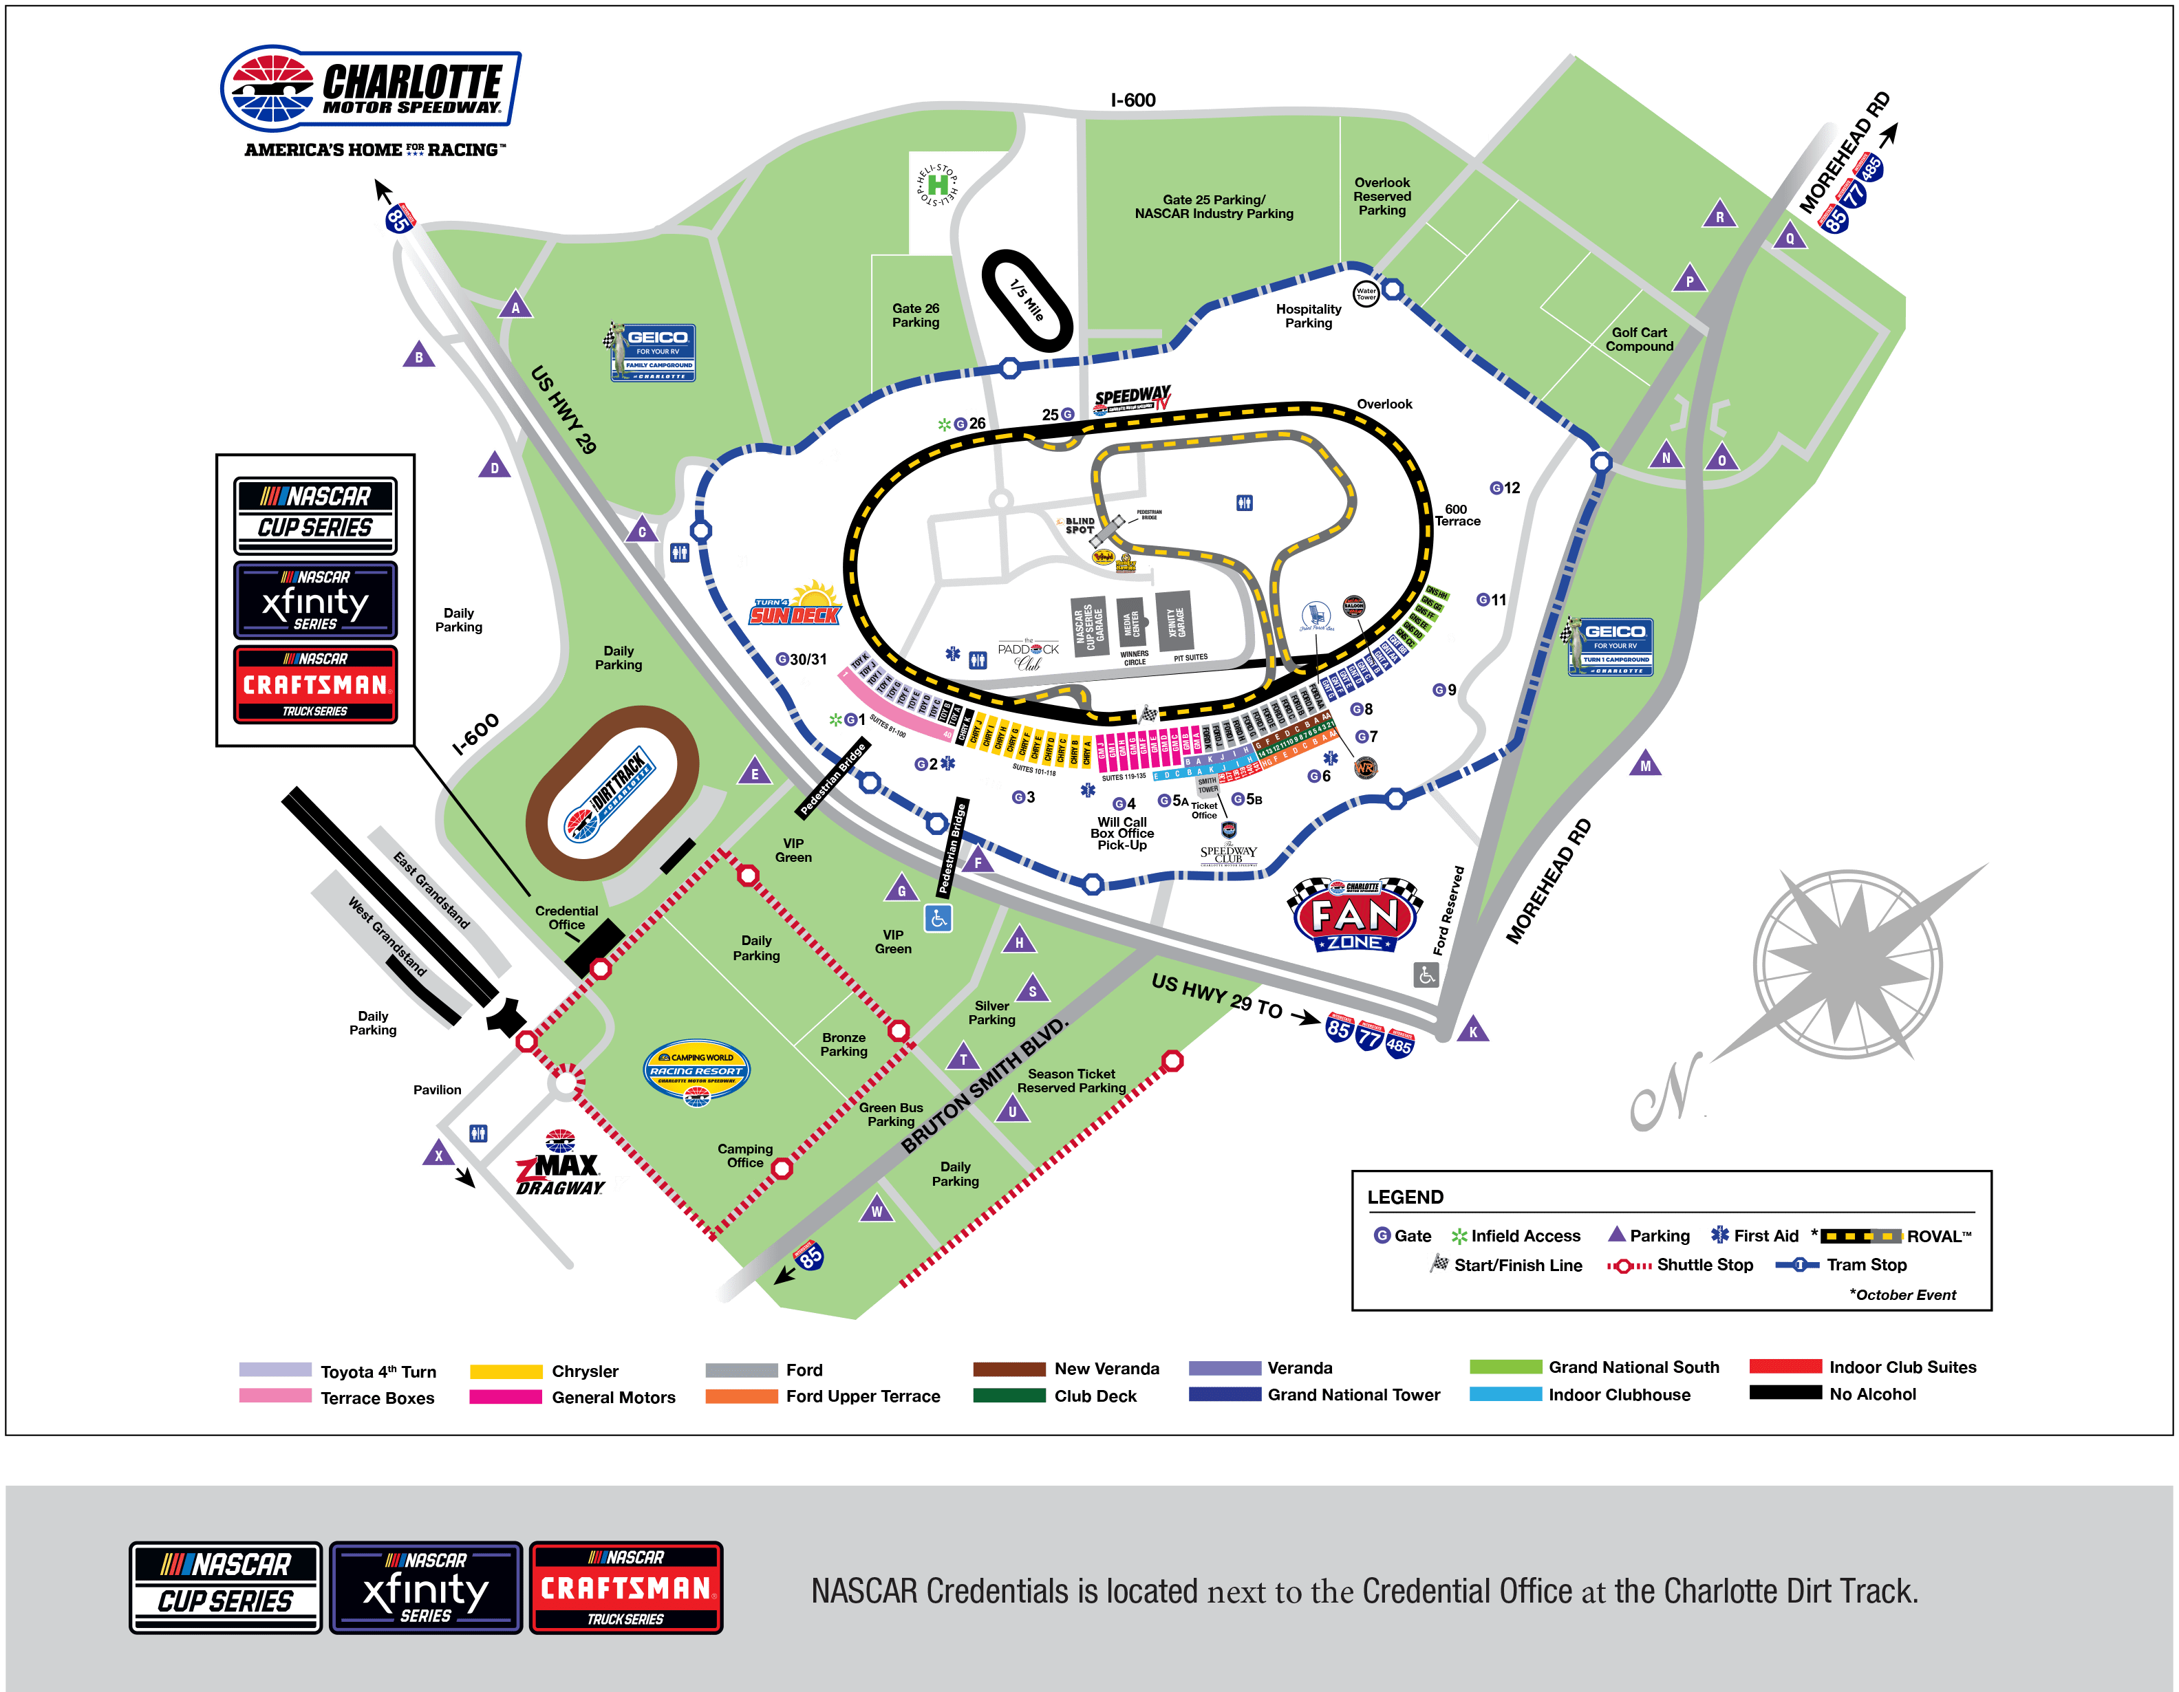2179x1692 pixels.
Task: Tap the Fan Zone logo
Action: pos(1355,917)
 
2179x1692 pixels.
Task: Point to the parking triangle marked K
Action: pos(1472,1030)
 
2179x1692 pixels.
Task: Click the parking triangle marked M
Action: pos(1645,766)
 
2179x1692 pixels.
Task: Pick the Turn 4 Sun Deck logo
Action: pos(796,605)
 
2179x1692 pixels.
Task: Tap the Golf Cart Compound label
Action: pos(1640,339)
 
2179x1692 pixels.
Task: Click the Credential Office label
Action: pos(567,918)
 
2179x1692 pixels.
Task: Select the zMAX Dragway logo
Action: pos(560,1165)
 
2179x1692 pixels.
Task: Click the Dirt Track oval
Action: pos(612,793)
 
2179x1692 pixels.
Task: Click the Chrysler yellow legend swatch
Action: pos(506,1371)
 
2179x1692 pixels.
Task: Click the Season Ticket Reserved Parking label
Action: pos(1071,1081)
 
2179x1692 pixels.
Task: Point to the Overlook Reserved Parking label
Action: pos(1382,197)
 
